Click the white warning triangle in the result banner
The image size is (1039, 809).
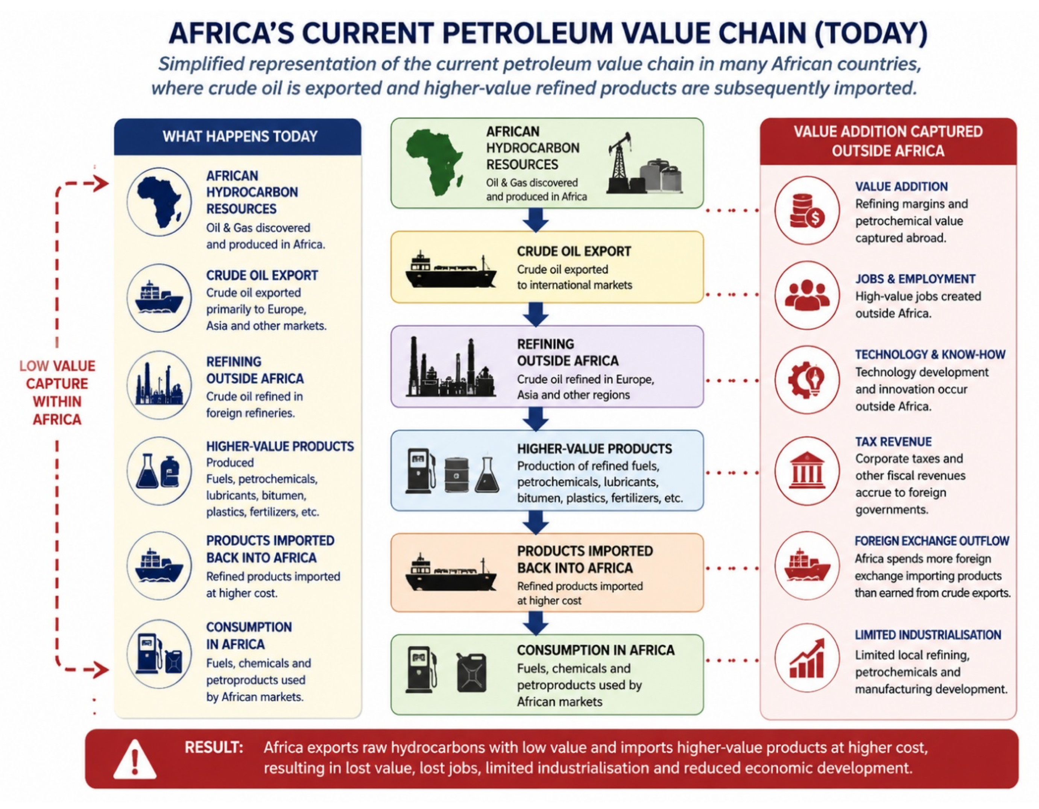point(135,759)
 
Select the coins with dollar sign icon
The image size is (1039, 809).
point(807,211)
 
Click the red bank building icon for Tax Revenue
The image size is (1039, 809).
point(807,471)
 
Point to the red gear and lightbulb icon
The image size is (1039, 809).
point(807,379)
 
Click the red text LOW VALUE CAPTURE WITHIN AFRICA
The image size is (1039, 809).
point(57,392)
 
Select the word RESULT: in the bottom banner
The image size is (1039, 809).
point(214,747)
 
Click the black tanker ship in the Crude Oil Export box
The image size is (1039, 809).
point(451,270)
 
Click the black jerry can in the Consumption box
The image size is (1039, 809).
point(471,672)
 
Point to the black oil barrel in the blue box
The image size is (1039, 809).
point(457,475)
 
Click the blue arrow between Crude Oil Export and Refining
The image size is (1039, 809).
point(536,314)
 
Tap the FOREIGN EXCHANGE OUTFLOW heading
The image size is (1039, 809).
point(932,541)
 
